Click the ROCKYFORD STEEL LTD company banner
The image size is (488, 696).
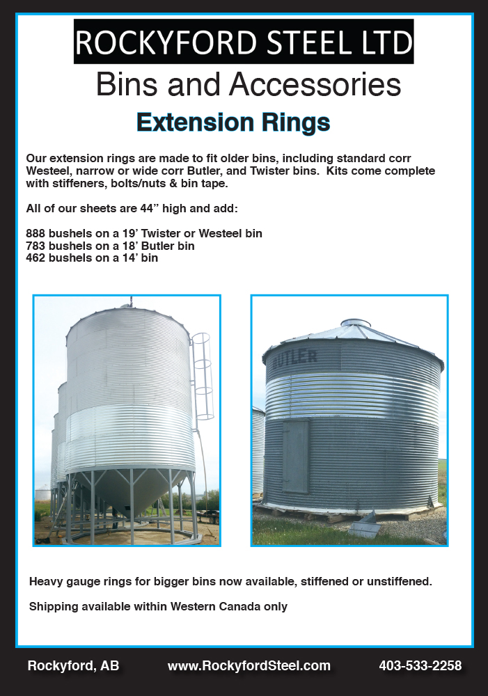244,42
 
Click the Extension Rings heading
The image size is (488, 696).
233,122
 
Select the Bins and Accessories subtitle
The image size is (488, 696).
249,84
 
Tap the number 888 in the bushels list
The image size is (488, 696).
36,233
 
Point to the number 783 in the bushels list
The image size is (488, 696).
36,246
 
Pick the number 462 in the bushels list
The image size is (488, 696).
36,258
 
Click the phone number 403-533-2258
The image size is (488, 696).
420,666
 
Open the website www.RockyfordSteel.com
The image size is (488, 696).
249,666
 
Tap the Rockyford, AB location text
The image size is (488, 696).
73,666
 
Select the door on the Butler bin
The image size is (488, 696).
295,457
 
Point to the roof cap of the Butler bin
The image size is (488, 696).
355,323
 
